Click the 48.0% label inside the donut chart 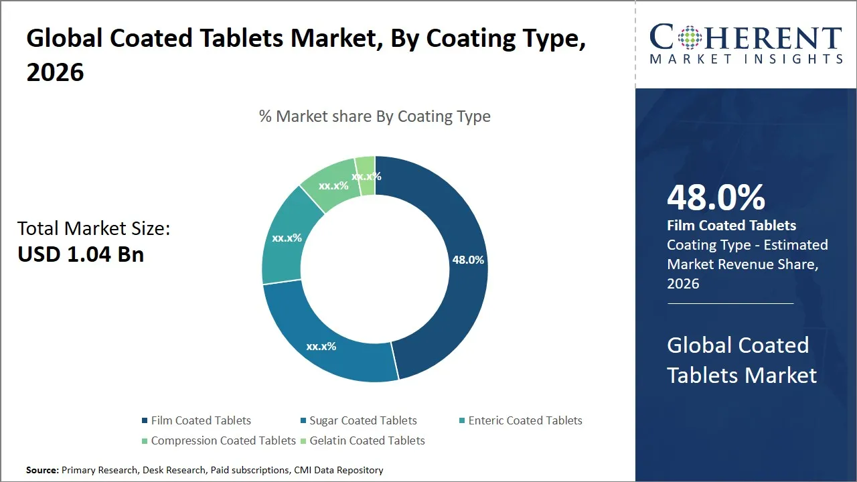click(468, 260)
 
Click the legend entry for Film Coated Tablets click(201, 420)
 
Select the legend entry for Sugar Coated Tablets click(362, 420)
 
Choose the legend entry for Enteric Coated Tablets click(525, 420)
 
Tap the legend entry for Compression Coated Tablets click(223, 440)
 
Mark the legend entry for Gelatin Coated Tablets click(367, 440)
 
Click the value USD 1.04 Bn click(80, 254)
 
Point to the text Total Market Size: click(94, 228)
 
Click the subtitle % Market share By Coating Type click(374, 116)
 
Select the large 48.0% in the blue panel click(716, 198)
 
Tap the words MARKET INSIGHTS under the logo click(745, 60)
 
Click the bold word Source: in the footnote click(42, 470)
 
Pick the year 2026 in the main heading click(55, 71)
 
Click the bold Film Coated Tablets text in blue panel click(731, 226)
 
